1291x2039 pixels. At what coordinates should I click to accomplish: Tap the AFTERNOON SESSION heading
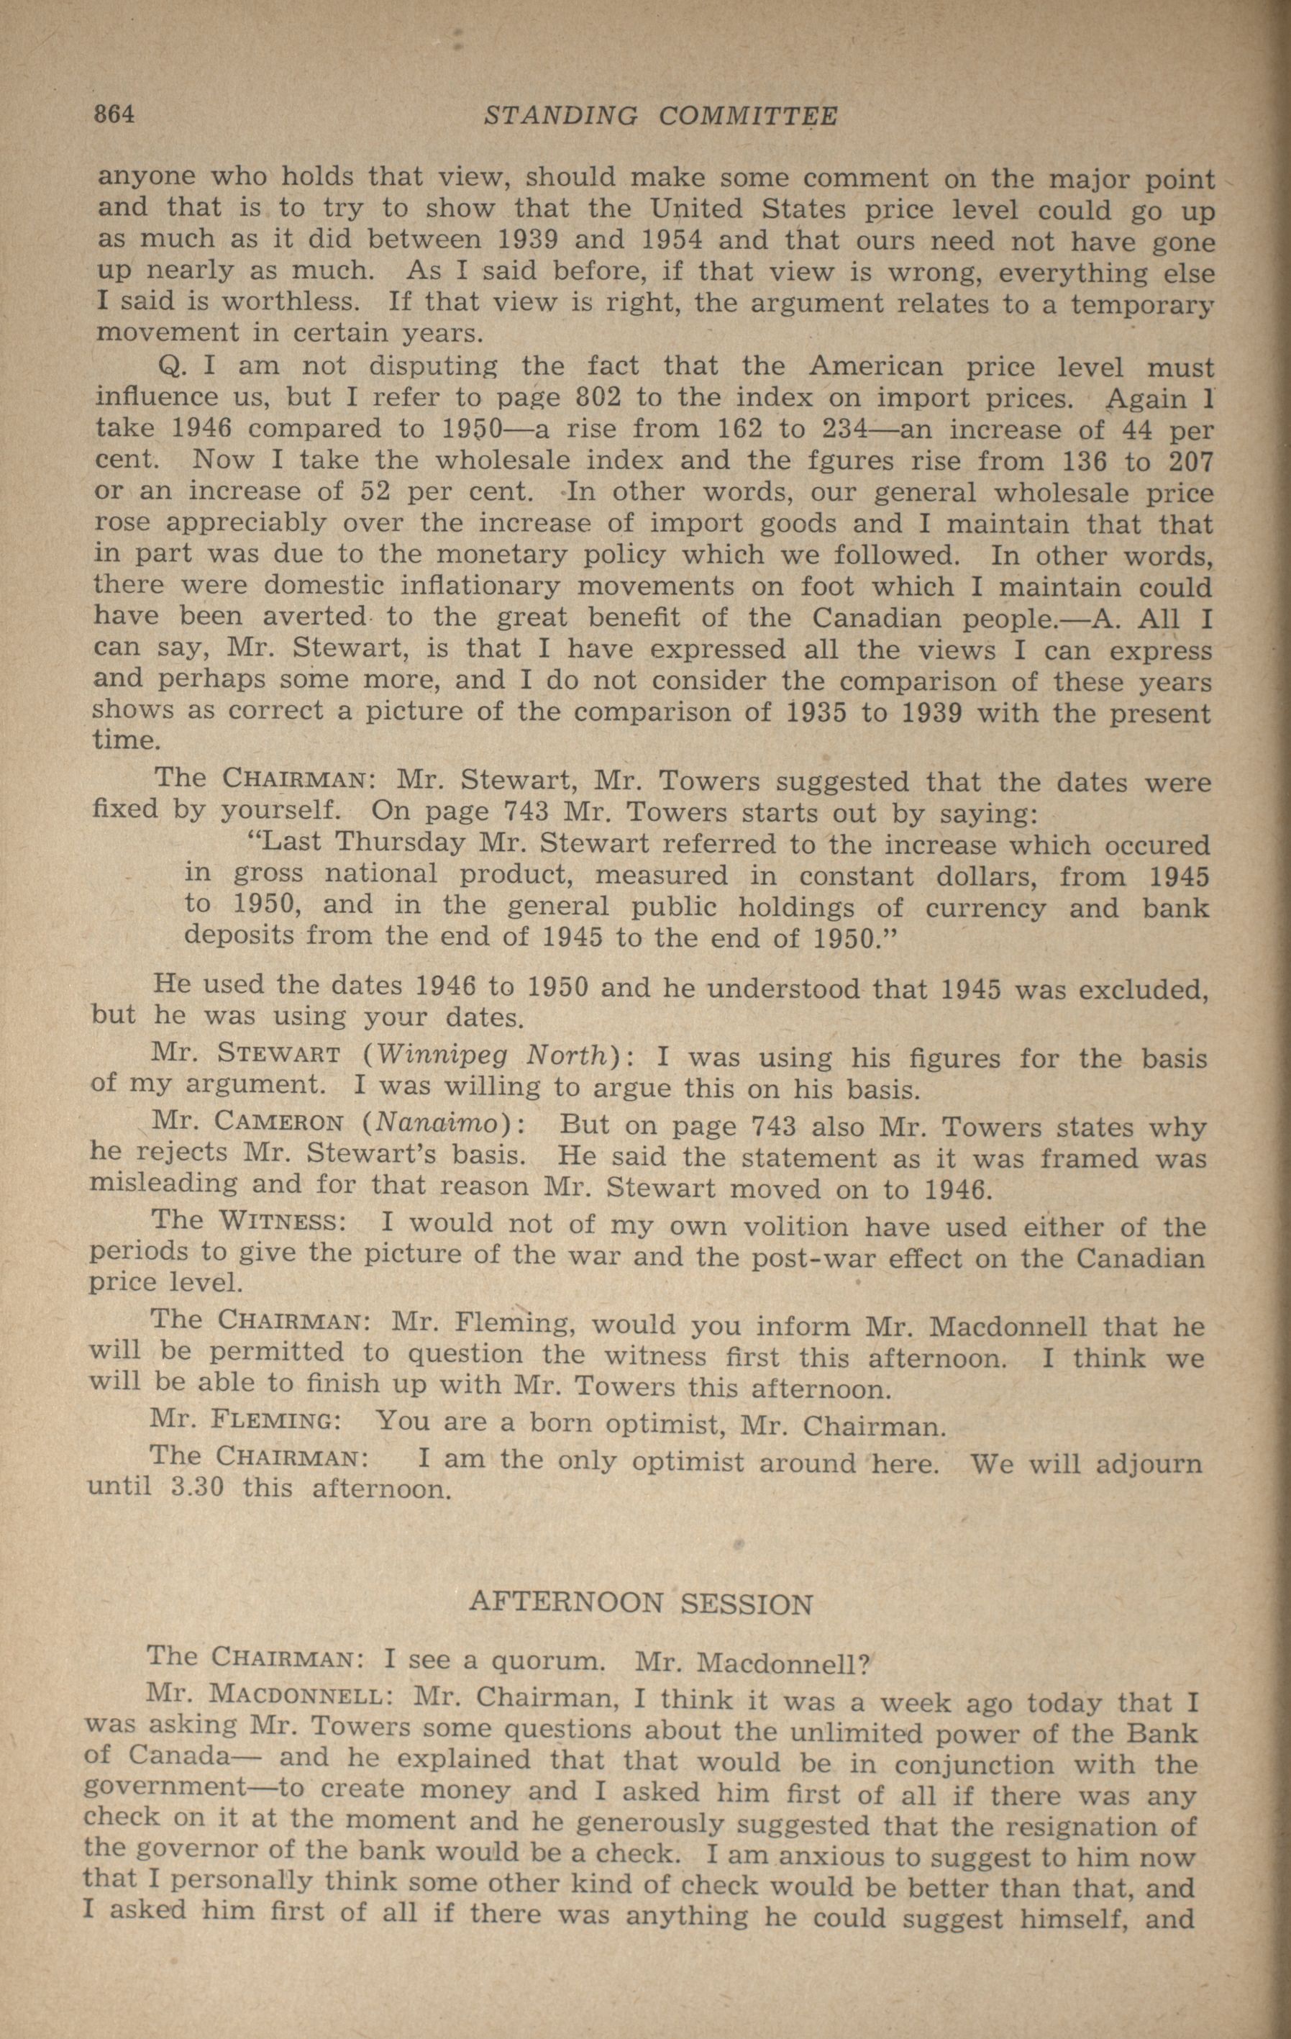(x=641, y=1604)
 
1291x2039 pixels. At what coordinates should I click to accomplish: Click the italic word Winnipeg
(x=443, y=1057)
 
